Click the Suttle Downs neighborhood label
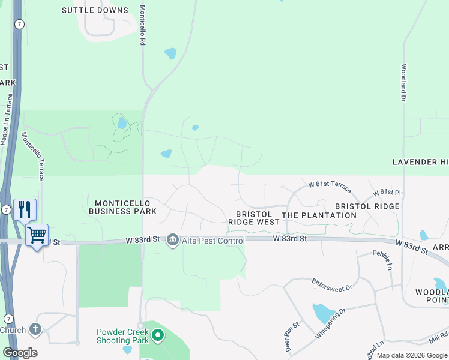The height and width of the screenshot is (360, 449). click(x=95, y=10)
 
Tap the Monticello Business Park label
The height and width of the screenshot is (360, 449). click(x=122, y=207)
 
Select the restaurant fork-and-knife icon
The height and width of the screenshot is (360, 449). click(x=25, y=209)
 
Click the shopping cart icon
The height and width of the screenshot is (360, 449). click(x=37, y=235)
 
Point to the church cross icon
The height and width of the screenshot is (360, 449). click(x=35, y=329)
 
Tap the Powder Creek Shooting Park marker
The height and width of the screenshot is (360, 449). click(x=158, y=335)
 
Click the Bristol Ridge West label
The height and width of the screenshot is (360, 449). click(x=253, y=218)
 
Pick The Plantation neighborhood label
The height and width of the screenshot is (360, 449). click(x=319, y=215)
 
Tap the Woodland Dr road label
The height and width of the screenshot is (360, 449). click(x=404, y=82)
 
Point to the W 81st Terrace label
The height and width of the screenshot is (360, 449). click(x=329, y=186)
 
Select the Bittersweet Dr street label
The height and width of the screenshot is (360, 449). click(x=331, y=285)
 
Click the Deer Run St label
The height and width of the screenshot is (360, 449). click(x=288, y=337)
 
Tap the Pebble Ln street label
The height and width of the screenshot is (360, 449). click(x=382, y=260)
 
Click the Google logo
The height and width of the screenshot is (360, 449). click(x=20, y=353)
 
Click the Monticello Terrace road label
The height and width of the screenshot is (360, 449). click(x=33, y=156)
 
